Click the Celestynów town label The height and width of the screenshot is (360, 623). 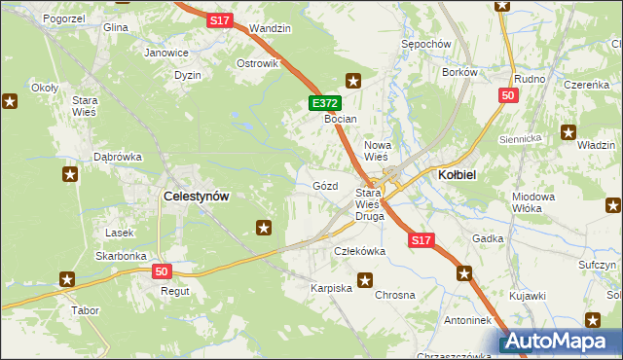coord(197,196)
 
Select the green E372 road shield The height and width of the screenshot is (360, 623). coord(324,102)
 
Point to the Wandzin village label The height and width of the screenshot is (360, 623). coord(270,29)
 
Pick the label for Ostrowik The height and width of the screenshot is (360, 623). coord(258,63)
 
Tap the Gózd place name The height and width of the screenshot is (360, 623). coord(325,185)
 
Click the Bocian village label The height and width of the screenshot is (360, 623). coord(342,119)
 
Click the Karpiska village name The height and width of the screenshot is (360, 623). coord(330,289)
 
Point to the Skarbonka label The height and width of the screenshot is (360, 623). coord(121,256)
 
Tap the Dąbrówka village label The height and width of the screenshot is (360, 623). coord(118,156)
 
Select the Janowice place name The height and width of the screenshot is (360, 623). coord(165,53)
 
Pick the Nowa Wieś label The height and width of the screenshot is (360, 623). coord(377,150)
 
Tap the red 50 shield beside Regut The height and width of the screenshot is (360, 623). coord(162,271)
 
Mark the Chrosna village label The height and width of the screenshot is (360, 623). coord(395,295)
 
